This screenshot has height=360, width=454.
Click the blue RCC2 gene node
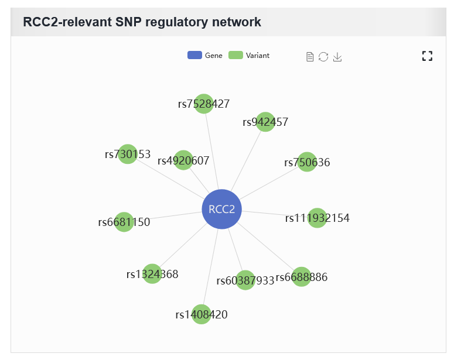click(x=222, y=209)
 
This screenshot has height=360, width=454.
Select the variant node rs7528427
click(x=204, y=104)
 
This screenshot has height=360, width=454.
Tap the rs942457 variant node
click(x=265, y=122)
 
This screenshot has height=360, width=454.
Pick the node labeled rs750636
click(x=307, y=162)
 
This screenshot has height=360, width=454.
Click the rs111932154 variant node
click(x=318, y=218)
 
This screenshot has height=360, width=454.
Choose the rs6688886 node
click(x=302, y=277)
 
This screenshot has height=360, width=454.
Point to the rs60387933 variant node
click(x=245, y=280)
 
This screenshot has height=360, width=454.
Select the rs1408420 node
click(x=202, y=314)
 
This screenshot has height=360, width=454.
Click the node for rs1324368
click(x=152, y=274)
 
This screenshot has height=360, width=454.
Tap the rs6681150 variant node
click(x=124, y=222)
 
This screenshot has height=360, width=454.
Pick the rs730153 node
click(x=128, y=154)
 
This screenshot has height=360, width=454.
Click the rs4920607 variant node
click(x=183, y=160)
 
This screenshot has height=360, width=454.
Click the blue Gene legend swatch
click(x=194, y=55)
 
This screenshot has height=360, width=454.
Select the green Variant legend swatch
click(x=235, y=55)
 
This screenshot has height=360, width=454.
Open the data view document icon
click(x=310, y=57)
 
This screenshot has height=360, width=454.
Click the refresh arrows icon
click(x=323, y=57)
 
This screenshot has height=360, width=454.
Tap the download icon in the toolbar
click(x=337, y=57)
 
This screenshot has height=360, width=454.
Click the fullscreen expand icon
click(x=428, y=56)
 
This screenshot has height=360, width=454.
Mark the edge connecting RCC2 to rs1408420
click(x=210, y=267)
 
